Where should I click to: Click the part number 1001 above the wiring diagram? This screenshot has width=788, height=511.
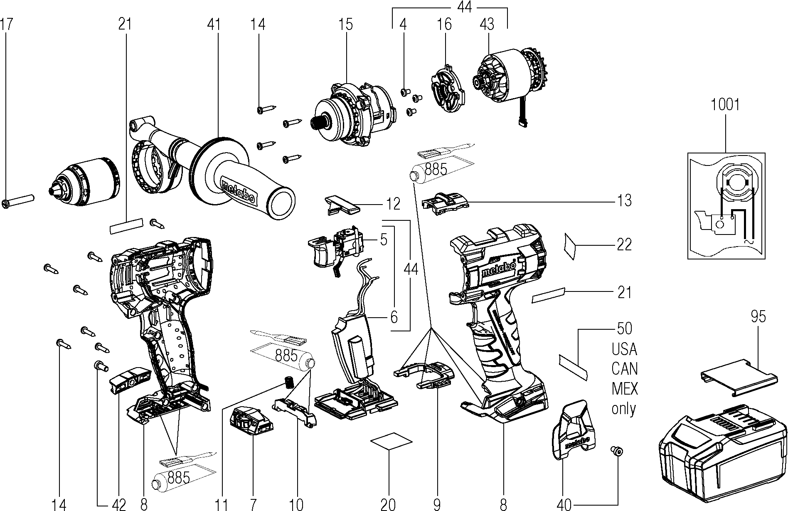[725, 104]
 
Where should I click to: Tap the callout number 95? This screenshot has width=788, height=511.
[758, 317]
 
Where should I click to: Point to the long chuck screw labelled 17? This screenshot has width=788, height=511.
[19, 201]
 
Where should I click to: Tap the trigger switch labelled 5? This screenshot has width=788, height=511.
[337, 249]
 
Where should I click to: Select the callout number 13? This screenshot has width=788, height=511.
[624, 201]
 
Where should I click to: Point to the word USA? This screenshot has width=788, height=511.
[624, 349]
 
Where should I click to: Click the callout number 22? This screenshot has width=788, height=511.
[624, 244]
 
